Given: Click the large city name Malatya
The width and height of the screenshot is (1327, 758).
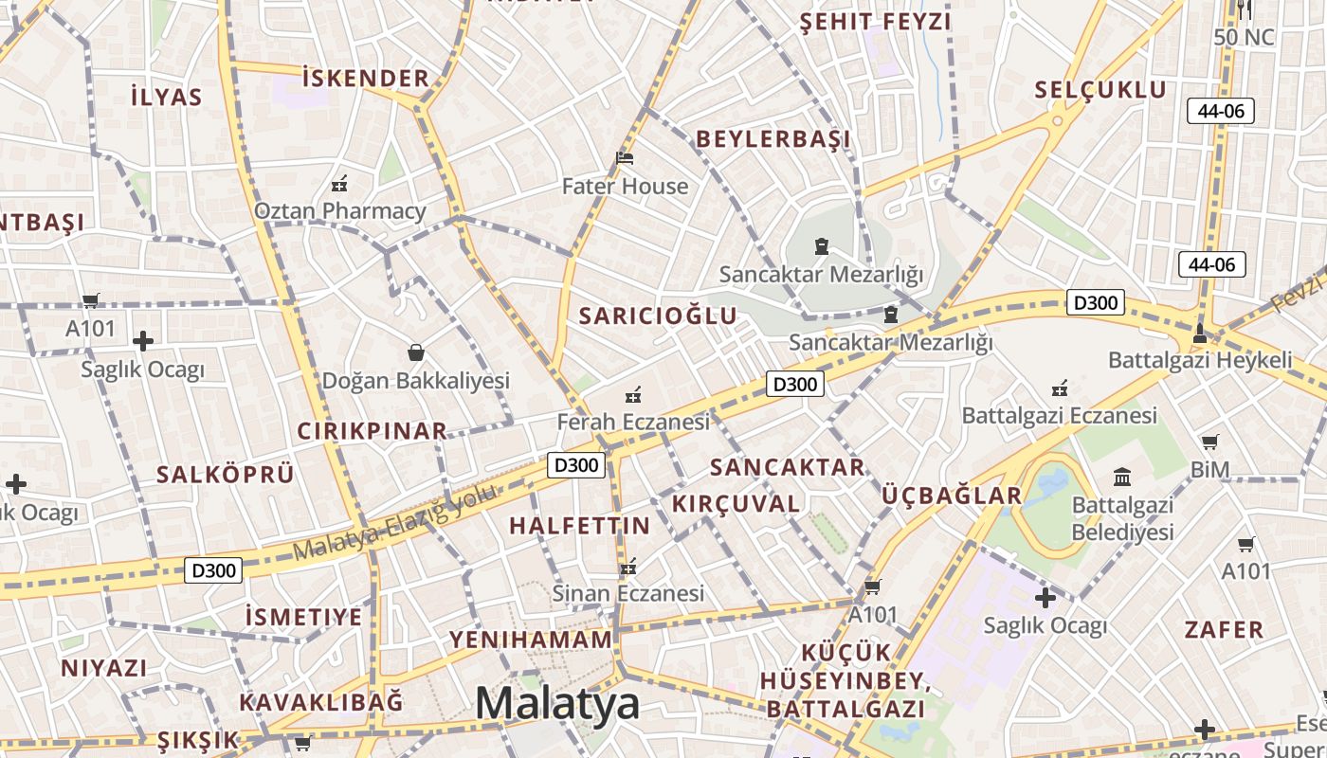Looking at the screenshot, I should [x=557, y=704].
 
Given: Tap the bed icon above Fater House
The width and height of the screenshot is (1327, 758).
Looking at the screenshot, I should [x=625, y=157].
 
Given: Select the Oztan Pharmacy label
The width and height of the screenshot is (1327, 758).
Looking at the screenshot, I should [x=339, y=210].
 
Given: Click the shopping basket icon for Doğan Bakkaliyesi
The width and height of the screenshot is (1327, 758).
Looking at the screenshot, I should [x=415, y=352].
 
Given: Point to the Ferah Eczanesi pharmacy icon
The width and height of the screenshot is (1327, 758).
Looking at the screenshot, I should [x=633, y=394].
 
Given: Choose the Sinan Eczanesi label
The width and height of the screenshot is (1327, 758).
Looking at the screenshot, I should [x=628, y=593].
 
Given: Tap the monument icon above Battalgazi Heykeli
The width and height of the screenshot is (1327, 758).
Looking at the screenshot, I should [x=1200, y=333].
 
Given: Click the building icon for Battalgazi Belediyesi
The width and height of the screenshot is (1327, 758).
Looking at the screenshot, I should [x=1122, y=476].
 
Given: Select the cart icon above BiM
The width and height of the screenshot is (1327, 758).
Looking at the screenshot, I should [x=1210, y=442].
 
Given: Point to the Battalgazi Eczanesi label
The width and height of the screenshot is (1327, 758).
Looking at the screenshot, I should [x=1059, y=415].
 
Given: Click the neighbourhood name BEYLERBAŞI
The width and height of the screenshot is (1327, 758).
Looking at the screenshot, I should [x=773, y=139].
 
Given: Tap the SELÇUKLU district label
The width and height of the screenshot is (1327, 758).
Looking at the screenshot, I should [x=1100, y=90].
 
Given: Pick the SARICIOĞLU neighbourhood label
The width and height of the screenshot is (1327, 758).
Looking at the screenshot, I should [x=658, y=316].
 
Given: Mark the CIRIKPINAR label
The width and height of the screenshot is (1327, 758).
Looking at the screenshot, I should [x=373, y=431].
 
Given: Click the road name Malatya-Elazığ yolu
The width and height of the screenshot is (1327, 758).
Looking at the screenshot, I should [x=395, y=522].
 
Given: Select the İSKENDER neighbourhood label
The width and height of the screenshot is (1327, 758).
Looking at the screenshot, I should [x=366, y=78].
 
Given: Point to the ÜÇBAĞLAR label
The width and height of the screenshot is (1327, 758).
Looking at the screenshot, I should [x=952, y=496].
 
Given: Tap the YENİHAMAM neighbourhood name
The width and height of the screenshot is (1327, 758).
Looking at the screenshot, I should [x=531, y=640].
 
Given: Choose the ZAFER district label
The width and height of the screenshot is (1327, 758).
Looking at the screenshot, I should [x=1224, y=629].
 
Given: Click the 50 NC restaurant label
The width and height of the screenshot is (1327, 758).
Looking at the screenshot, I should [x=1244, y=38].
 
